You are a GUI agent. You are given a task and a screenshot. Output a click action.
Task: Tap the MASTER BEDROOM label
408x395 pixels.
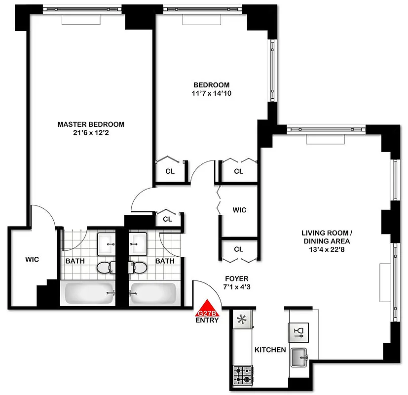pyautogui.click(x=91, y=124)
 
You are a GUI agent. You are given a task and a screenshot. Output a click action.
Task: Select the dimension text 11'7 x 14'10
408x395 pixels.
pyautogui.click(x=211, y=93)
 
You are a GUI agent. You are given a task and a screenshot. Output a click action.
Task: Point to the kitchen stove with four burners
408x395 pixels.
pyautogui.click(x=242, y=375)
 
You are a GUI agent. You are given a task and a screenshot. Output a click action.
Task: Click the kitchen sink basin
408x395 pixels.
pyautogui.click(x=299, y=357)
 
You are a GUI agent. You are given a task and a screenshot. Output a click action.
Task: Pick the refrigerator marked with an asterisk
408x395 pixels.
pyautogui.click(x=242, y=319)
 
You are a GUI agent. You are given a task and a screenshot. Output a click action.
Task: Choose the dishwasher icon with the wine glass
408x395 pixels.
pyautogui.click(x=299, y=331)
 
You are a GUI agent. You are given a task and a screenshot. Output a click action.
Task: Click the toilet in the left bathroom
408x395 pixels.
pyautogui.click(x=106, y=268)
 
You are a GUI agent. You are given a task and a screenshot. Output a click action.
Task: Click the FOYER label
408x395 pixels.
pyautogui.click(x=236, y=279)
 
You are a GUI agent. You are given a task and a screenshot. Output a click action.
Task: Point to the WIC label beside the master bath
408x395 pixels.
pyautogui.click(x=32, y=259)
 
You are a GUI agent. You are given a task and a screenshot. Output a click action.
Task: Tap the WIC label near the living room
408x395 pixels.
pyautogui.click(x=239, y=210)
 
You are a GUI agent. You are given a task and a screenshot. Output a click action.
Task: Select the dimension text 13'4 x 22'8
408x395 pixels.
pyautogui.click(x=326, y=250)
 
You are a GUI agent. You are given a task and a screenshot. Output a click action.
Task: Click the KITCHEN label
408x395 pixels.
pyautogui.click(x=270, y=350)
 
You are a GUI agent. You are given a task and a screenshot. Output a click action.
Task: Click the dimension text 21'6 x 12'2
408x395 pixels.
pyautogui.click(x=91, y=132)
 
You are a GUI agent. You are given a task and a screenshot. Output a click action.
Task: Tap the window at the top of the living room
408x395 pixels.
pyautogui.click(x=326, y=129)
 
